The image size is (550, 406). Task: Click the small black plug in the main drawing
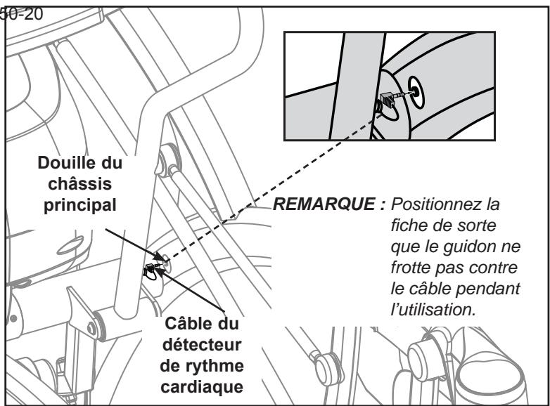coord(151,268)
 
